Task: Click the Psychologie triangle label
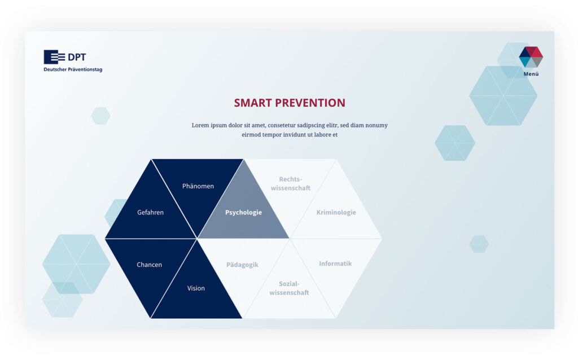(243, 212)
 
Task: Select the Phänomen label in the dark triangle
(198, 186)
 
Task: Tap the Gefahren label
(150, 212)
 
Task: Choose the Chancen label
(149, 265)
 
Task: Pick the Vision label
(196, 288)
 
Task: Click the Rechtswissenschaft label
(291, 183)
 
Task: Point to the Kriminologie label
(336, 212)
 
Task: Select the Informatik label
(335, 264)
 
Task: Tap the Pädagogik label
(242, 265)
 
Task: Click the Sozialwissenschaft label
(289, 288)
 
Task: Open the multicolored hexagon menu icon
(531, 57)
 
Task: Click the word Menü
(531, 74)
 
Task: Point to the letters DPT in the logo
(77, 57)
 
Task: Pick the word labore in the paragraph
(322, 134)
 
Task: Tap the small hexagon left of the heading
(100, 116)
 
